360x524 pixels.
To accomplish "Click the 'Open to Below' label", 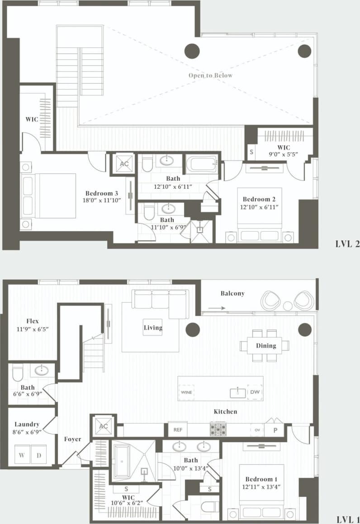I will click(210, 75).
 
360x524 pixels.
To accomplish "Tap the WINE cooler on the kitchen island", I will click(186, 392).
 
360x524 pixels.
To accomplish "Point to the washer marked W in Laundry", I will click(22, 454).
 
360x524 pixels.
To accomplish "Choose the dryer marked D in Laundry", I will click(39, 454).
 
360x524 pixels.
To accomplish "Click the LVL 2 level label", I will click(347, 244).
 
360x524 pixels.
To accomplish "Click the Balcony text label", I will click(232, 293).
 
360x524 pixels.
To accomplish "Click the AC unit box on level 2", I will click(123, 163).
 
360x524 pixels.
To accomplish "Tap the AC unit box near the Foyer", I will click(103, 426).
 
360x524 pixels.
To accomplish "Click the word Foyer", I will click(72, 439).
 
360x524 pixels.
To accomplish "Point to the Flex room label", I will click(32, 321).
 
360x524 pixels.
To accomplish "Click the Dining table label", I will click(266, 346).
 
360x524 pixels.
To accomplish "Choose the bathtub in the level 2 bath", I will click(202, 164).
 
